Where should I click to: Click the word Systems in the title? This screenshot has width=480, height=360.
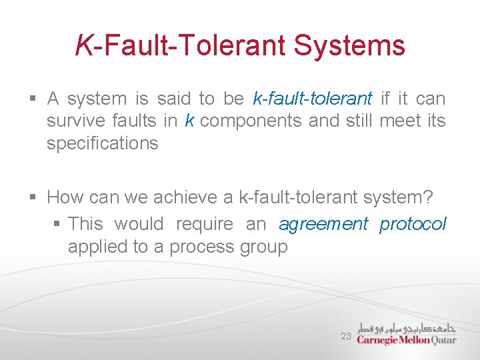349,45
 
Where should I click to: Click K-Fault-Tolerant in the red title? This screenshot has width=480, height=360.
181,45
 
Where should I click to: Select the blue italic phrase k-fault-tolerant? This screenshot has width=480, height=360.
313,99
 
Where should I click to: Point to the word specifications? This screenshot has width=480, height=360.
102,144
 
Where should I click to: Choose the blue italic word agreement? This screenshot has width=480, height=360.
323,224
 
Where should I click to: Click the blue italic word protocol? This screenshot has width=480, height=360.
413,224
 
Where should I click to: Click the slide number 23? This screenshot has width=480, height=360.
345,337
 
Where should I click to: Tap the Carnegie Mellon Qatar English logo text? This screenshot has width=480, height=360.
406,339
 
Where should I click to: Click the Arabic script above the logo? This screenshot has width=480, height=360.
406,327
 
